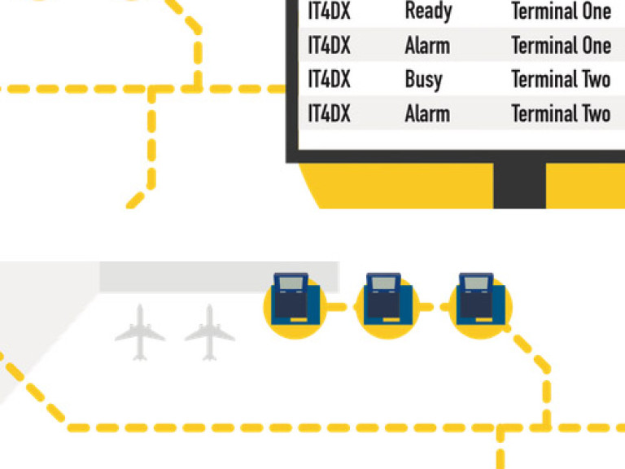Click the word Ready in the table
(429, 11)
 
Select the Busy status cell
(424, 80)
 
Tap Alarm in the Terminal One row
(427, 45)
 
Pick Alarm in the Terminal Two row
(427, 114)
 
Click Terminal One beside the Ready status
(562, 11)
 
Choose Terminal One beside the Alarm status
(562, 45)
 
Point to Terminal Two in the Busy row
(562, 79)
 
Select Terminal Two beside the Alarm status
(562, 113)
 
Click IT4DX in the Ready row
(329, 11)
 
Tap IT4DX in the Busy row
(329, 79)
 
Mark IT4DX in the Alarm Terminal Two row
(329, 113)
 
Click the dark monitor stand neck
(519, 186)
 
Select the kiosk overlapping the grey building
(295, 305)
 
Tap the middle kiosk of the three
(388, 305)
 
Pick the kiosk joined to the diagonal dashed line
(481, 305)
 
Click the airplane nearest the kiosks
(210, 332)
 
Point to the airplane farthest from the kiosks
(140, 332)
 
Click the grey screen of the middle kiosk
(383, 283)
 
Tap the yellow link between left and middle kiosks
(337, 307)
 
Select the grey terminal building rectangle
(219, 277)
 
